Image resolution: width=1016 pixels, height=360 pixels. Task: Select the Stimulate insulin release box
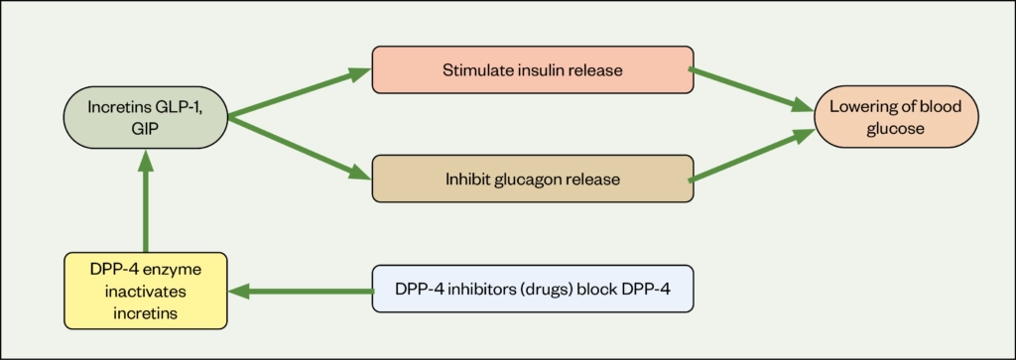tap(532, 69)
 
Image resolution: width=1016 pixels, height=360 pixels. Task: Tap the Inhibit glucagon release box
tap(532, 180)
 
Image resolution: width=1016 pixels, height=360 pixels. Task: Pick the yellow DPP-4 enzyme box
tap(145, 291)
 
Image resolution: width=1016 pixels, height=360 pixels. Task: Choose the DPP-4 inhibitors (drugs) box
tap(532, 290)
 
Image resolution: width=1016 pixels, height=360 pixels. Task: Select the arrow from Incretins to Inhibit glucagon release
tap(298, 147)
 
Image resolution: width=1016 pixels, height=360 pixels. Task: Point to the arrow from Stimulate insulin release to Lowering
tap(751, 90)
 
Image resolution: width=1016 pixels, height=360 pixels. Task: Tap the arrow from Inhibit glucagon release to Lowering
tap(751, 157)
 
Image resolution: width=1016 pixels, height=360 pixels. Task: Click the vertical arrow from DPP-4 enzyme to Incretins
tap(146, 203)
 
